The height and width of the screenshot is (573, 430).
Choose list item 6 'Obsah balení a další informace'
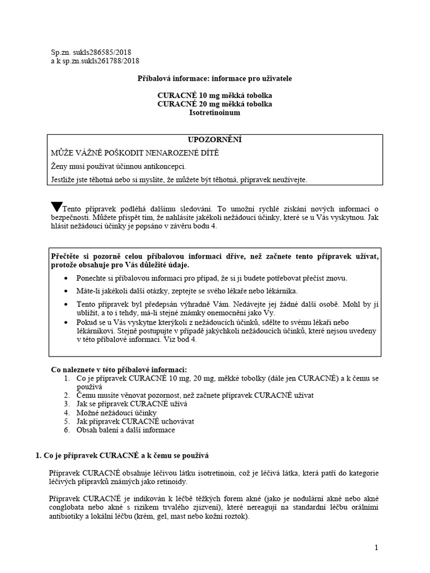(x=125, y=430)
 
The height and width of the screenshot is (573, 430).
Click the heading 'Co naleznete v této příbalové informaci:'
(x=119, y=369)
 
